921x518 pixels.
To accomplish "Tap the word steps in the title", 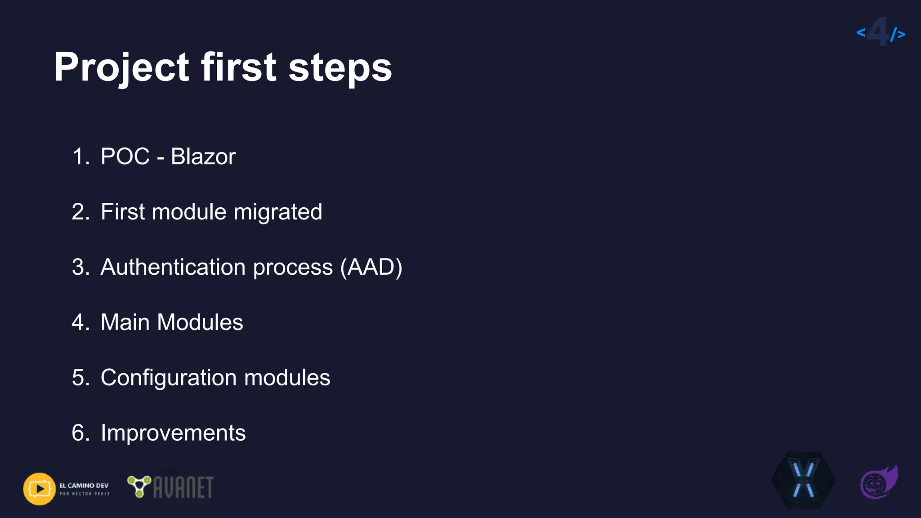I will coord(340,67).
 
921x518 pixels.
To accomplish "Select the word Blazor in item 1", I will coord(203,156).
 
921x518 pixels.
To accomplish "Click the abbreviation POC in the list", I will coord(125,156).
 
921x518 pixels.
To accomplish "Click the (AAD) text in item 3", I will coord(371,267).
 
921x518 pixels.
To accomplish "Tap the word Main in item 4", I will coord(125,322).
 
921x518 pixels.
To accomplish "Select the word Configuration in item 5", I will coord(169,378).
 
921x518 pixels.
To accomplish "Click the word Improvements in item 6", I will coord(173,433).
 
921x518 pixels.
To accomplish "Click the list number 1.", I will coord(79,156).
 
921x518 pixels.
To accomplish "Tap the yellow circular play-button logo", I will coord(40,489).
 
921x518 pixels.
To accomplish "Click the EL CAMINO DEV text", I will coord(84,486).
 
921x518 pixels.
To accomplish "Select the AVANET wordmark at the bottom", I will coord(183,488).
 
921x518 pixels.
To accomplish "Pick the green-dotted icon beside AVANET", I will coord(139,486).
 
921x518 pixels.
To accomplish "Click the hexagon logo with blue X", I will coord(804,480).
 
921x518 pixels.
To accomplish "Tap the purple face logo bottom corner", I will coord(878,482).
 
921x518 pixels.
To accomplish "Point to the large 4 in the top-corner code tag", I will coord(878,31).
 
